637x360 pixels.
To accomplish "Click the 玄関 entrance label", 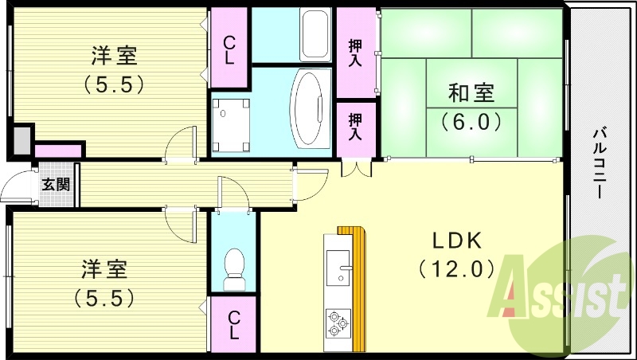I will pyautogui.click(x=55, y=185).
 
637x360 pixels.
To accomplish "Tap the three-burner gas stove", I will pyautogui.click(x=338, y=322).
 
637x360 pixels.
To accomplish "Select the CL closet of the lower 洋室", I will pyautogui.click(x=233, y=324).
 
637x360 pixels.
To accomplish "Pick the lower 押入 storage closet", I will pyautogui.click(x=355, y=127).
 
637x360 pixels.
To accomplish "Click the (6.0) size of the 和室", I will pyautogui.click(x=471, y=123).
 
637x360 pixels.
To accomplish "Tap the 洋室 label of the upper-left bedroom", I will pyautogui.click(x=114, y=55).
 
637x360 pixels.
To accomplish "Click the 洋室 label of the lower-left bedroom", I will pyautogui.click(x=104, y=268).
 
